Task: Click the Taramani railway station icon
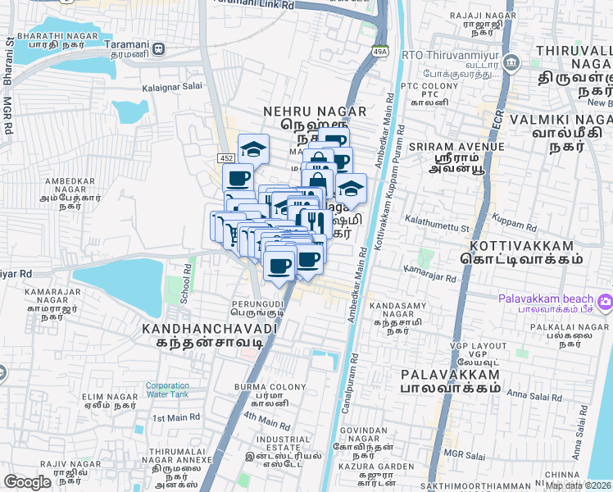(x=158, y=49)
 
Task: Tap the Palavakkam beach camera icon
(x=605, y=301)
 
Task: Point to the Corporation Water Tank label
(x=167, y=390)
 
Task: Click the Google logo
(x=27, y=482)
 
